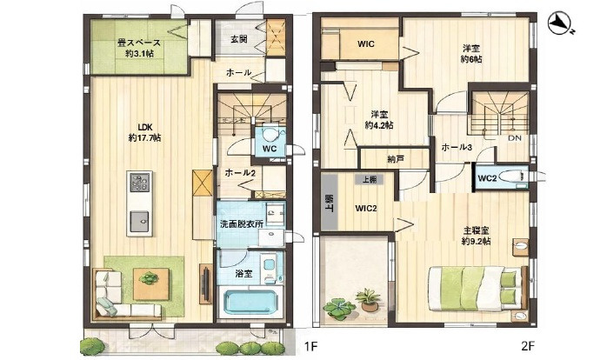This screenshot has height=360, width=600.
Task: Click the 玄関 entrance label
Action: [239, 40]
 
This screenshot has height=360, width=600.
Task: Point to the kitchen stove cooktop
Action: [140, 183]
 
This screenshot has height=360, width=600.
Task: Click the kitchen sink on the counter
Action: [140, 222]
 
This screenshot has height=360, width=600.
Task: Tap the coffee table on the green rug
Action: [151, 279]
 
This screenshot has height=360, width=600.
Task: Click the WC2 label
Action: [487, 178]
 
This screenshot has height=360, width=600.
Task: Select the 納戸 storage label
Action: [397, 159]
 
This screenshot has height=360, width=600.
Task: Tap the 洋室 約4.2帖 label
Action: [379, 119]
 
